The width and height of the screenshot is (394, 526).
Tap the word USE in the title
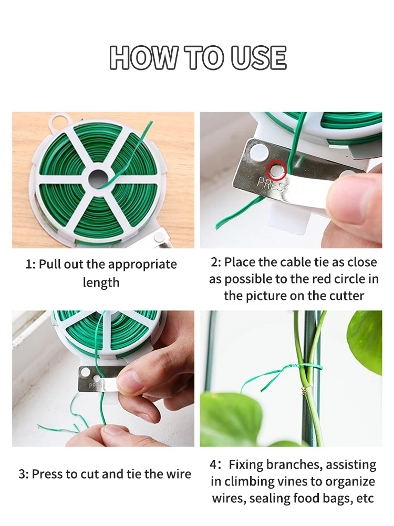[x=258, y=58]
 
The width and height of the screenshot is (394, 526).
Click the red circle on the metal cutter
[x=276, y=169]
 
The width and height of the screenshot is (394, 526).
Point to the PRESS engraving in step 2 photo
[x=273, y=185]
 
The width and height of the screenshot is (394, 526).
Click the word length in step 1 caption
[x=101, y=282]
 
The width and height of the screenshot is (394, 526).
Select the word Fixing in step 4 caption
[x=247, y=465]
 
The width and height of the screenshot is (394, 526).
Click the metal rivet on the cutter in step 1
[x=158, y=239]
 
